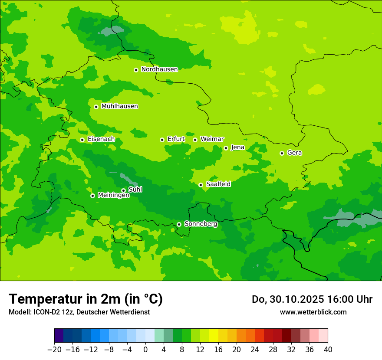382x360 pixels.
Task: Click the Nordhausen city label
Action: [159, 69]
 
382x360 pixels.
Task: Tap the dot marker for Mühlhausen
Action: [96, 107]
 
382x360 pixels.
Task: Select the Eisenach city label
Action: [101, 139]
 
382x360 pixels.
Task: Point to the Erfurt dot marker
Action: [162, 140]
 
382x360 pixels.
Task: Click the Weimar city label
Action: [212, 139]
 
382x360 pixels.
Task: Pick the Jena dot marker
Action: [226, 148]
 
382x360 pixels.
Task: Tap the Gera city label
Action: [294, 153]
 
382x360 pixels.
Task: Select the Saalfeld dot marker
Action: [201, 185]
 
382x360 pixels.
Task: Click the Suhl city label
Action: [135, 190]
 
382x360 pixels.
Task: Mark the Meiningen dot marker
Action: [92, 196]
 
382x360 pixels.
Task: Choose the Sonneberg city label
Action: [201, 224]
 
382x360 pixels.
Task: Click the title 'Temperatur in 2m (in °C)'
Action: [86, 299]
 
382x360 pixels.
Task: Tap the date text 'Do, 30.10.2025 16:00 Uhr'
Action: [312, 299]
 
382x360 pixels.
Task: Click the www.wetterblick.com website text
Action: [313, 312]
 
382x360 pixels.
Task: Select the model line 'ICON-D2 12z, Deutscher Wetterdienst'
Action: [79, 312]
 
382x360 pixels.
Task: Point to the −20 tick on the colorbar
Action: [54, 349]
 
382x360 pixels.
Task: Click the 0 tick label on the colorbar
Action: [145, 349]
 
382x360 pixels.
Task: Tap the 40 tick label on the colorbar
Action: [328, 349]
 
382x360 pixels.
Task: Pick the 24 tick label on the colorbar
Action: [255, 349]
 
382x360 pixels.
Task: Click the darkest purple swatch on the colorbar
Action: [59, 336]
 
